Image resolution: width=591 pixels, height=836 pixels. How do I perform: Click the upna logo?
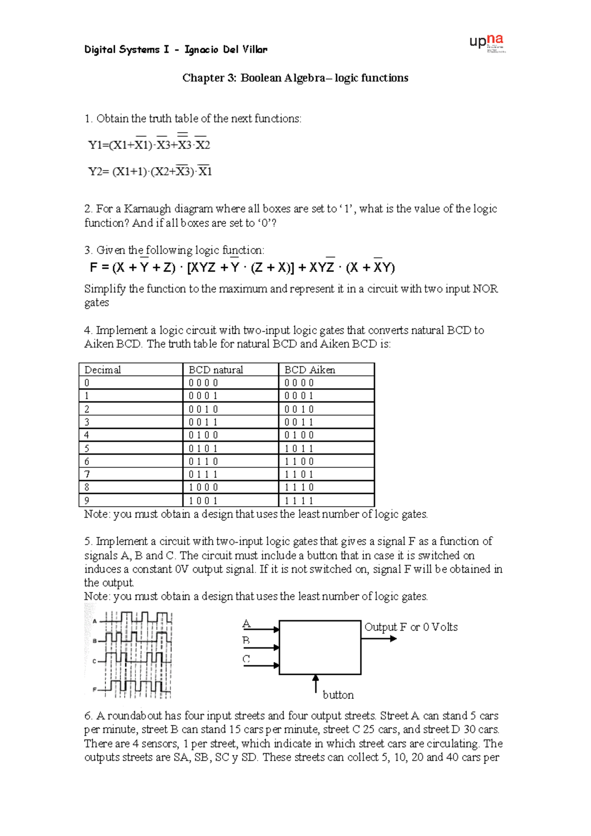click(x=487, y=42)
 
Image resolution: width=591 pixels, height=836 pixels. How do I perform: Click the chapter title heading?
click(x=295, y=78)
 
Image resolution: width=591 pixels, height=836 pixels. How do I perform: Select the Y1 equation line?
click(x=149, y=144)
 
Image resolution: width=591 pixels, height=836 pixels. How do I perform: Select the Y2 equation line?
click(x=149, y=171)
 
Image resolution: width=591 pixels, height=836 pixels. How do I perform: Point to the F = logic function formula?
click(x=242, y=267)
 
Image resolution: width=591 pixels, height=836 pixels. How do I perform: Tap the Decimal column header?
click(x=102, y=370)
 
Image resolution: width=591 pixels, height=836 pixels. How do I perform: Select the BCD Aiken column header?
click(x=310, y=370)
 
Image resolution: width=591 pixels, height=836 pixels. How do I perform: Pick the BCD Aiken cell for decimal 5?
click(x=299, y=449)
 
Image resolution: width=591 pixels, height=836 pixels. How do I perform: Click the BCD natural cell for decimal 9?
click(x=203, y=500)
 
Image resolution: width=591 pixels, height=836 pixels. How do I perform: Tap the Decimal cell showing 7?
click(x=87, y=474)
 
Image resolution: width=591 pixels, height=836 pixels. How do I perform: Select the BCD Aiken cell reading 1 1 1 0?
click(x=299, y=487)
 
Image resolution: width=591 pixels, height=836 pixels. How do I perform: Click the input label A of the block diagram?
click(x=247, y=624)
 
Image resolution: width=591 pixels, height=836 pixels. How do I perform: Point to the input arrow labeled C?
click(x=261, y=665)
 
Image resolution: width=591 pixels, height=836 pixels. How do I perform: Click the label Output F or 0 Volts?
click(x=411, y=627)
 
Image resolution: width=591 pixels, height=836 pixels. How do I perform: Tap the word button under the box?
click(x=338, y=695)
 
